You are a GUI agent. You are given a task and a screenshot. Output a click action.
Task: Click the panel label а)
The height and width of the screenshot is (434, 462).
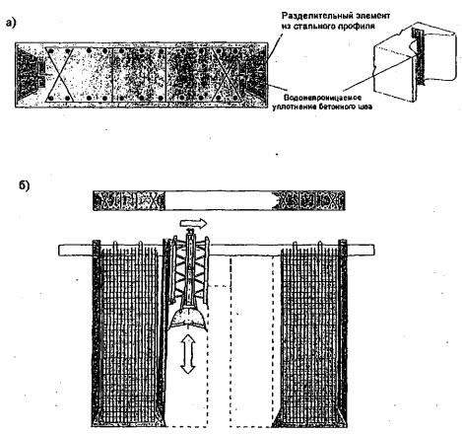[x=11, y=23]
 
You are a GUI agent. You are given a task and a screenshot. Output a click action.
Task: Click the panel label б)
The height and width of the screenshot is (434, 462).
[x=24, y=186]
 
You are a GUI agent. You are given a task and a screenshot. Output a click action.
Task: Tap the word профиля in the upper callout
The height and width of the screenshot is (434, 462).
[x=357, y=26]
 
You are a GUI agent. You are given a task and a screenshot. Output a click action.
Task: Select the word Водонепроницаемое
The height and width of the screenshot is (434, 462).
[x=322, y=98]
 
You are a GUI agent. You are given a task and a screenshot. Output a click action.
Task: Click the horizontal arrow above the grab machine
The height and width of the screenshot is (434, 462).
[x=193, y=223]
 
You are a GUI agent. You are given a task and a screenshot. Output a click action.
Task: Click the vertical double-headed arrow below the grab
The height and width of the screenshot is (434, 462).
[x=188, y=353]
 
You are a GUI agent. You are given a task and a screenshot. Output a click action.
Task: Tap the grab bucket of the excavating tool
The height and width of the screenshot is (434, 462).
[x=187, y=319]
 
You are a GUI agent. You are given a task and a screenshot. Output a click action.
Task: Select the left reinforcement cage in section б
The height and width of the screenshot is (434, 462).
[x=130, y=333]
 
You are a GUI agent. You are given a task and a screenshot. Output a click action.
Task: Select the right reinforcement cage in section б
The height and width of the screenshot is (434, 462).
[x=310, y=333]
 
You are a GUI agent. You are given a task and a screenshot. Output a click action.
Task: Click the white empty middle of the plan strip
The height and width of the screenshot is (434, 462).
[x=220, y=200]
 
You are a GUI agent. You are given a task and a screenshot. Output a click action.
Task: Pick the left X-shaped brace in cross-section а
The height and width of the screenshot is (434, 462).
[x=59, y=74]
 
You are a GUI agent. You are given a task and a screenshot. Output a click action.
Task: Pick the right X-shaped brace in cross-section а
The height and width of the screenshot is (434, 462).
[x=227, y=74]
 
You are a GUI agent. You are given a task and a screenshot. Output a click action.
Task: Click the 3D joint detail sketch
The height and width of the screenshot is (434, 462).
[x=415, y=62]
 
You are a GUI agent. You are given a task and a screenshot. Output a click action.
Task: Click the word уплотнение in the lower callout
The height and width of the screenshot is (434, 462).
[x=295, y=107]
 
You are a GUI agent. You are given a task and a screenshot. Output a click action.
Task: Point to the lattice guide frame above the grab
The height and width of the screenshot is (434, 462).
[x=190, y=268]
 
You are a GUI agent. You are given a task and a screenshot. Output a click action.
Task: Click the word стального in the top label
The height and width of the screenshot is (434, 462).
[x=313, y=26]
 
